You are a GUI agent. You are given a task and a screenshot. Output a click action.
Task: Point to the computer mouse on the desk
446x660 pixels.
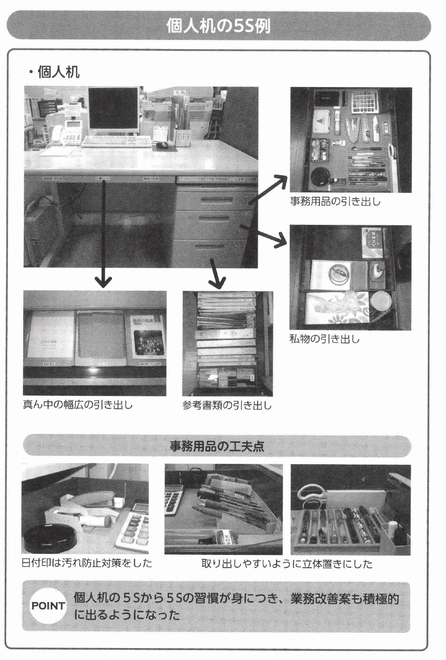tap(162, 145)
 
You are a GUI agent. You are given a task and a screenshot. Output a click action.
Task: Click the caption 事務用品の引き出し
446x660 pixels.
tap(335, 202)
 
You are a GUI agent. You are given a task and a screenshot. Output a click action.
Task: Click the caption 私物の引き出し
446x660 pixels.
tap(324, 340)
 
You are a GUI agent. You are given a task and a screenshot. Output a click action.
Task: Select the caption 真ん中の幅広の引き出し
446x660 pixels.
tap(78, 405)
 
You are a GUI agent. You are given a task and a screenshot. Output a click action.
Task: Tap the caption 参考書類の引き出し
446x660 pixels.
tap(227, 405)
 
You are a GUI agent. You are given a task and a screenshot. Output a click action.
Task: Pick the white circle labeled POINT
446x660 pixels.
tap(48, 606)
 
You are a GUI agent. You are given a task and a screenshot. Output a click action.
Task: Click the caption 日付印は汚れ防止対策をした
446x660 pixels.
tap(87, 563)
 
